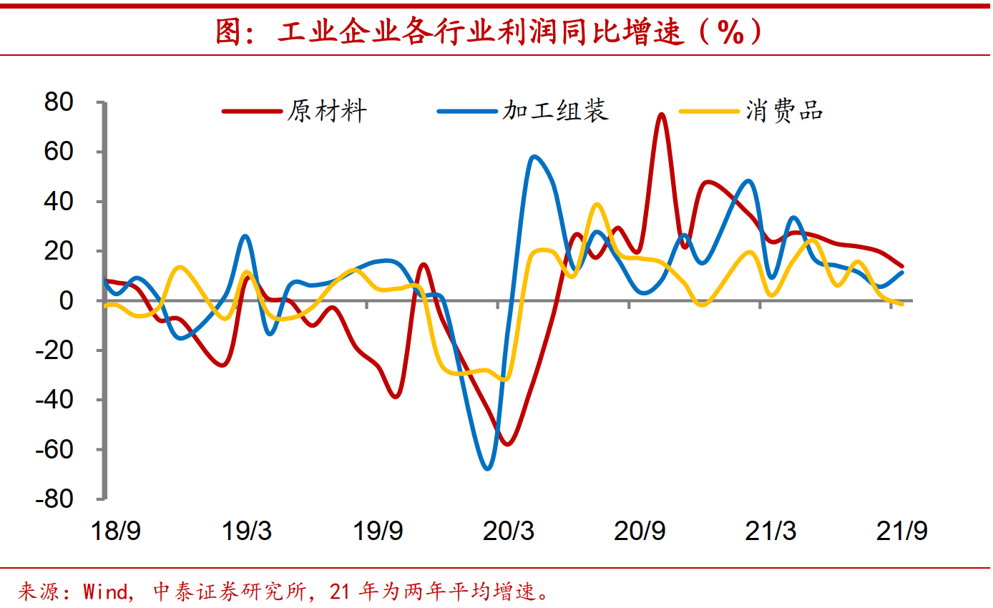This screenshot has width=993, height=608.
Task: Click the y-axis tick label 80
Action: point(59,103)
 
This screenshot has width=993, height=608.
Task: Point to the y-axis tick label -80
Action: point(55,499)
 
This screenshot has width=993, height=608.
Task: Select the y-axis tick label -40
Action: point(55,401)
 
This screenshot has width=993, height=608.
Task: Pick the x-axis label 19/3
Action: point(247,531)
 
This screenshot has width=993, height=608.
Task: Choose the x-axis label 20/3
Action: point(509,531)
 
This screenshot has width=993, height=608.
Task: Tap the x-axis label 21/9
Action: point(903,531)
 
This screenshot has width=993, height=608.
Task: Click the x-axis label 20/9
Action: point(640,531)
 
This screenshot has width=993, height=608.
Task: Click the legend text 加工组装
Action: point(555,111)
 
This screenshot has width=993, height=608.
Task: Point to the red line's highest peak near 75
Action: point(661,114)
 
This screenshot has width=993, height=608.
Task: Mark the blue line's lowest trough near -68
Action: point(488,469)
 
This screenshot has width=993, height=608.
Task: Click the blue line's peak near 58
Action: point(534,157)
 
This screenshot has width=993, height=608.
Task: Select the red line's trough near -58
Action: point(507,444)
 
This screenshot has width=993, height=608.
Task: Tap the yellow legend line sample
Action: point(708,111)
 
